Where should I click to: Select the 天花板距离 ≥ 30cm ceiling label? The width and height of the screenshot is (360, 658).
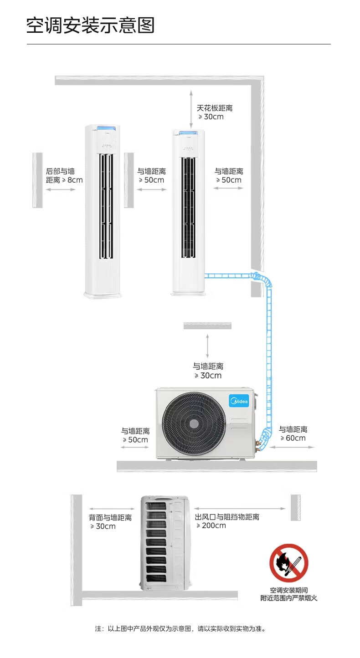tap(215, 112)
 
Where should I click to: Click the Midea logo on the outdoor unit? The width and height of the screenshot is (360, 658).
tap(239, 402)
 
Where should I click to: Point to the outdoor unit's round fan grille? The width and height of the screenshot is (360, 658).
tap(194, 423)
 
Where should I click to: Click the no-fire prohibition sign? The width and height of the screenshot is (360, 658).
tap(288, 563)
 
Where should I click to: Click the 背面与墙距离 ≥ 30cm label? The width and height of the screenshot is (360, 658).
tap(110, 522)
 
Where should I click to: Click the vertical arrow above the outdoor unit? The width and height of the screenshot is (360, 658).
tap(207, 346)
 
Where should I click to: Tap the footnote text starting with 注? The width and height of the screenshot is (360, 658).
tap(180, 628)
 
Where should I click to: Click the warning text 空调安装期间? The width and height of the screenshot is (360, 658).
tap(288, 590)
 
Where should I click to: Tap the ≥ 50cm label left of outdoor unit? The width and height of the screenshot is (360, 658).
tap(135, 435)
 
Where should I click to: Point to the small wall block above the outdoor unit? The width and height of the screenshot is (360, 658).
tap(207, 325)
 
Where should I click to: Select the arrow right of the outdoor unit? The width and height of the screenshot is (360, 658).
tap(292, 447)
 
